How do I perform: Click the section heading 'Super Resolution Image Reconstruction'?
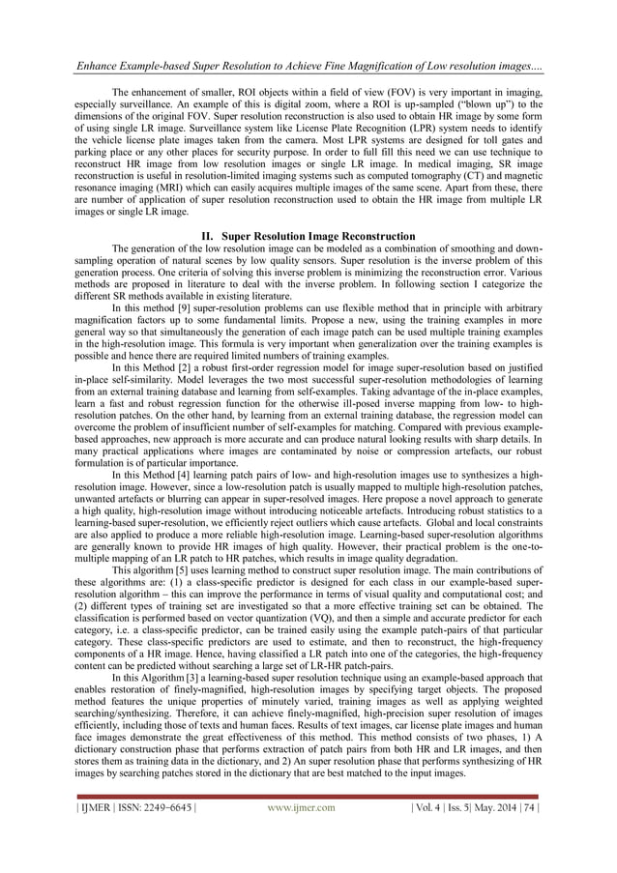pyautogui.click(x=318, y=236)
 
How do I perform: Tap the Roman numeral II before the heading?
pyautogui.click(x=206, y=236)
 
